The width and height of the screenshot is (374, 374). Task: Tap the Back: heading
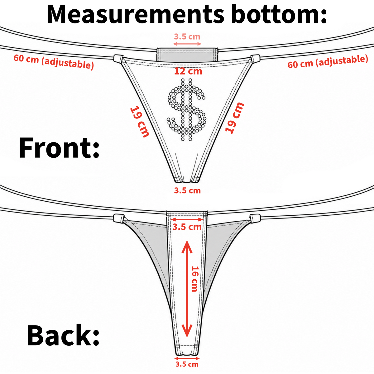pos(63,335)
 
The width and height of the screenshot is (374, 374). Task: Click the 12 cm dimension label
pos(188,71)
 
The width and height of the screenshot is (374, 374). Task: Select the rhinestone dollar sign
pos(186,109)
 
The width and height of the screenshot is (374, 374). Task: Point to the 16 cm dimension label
pos(195,279)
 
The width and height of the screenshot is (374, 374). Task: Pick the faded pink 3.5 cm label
pos(187,36)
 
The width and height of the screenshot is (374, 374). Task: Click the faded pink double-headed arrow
pos(187,44)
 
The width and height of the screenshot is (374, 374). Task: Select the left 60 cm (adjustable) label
pos(54,61)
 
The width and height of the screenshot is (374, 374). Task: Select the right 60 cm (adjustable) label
pos(328,61)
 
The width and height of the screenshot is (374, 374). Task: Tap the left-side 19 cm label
pos(140,122)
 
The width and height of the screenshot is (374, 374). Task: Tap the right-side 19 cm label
pos(234,118)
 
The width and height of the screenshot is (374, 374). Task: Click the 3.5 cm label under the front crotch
pos(187,191)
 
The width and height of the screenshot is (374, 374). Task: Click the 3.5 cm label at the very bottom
pos(187,364)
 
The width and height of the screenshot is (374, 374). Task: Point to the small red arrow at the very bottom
pos(187,358)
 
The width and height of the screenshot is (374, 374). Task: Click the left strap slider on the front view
pos(118,59)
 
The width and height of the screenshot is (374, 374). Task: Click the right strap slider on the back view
pos(255,218)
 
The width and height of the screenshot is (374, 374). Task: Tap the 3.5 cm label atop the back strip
pos(187,227)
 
